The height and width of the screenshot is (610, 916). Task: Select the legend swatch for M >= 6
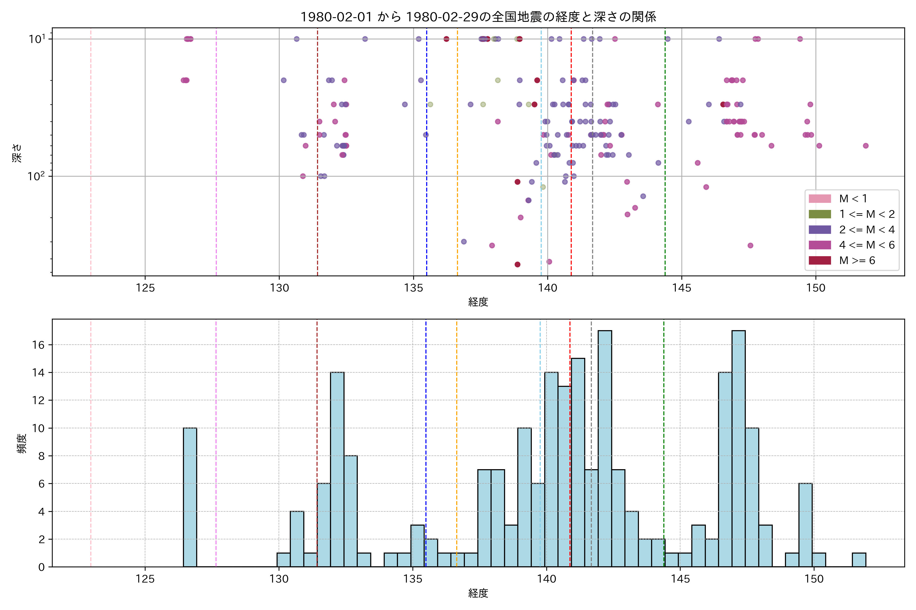[820, 260]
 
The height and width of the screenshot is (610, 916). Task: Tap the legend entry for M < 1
[853, 199]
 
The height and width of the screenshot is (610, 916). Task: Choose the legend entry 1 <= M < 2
[867, 214]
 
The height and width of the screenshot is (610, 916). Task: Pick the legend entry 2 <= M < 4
[867, 230]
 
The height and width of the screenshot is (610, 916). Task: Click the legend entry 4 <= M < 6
[867, 245]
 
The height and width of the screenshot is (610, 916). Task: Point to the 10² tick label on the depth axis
[36, 176]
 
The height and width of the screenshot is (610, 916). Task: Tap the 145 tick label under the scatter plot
[682, 288]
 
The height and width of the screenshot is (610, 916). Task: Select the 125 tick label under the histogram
[145, 579]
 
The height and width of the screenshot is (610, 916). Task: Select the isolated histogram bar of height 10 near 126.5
[190, 498]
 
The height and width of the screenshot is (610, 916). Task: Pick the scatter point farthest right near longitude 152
[865, 146]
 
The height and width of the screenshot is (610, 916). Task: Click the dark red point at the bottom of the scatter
[517, 265]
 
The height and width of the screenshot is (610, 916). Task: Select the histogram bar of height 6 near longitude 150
[805, 525]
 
